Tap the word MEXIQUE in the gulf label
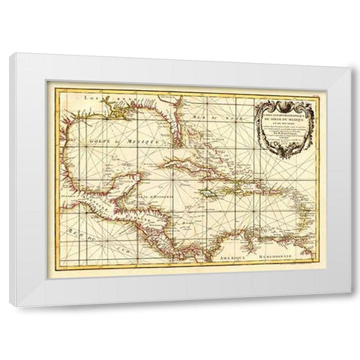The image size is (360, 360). click(x=142, y=140)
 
